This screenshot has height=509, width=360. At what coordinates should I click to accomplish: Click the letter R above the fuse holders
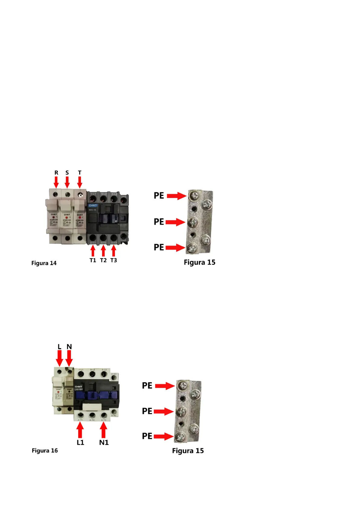coord(56,173)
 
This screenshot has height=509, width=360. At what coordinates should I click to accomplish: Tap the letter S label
coord(67,173)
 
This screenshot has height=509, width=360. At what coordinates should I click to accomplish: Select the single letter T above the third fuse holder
coord(79,173)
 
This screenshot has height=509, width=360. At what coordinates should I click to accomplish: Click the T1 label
coord(93,260)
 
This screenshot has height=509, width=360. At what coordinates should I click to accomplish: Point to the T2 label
coord(103,260)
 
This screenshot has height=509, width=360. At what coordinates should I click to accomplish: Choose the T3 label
coord(114,260)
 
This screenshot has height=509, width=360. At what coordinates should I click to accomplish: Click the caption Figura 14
coord(44,263)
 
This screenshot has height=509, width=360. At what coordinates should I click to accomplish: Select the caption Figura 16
coord(45,451)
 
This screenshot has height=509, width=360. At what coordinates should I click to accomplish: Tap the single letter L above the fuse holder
coord(60,347)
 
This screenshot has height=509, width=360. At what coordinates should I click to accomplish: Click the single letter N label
coord(69,347)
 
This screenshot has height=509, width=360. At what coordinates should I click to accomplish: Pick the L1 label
coord(80,443)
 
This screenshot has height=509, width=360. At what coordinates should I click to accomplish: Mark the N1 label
coord(104,443)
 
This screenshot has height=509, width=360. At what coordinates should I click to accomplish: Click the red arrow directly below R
coord(56,182)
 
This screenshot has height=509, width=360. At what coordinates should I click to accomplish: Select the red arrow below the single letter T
coord(79,182)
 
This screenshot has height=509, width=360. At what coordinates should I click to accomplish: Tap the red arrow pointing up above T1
coord(93,251)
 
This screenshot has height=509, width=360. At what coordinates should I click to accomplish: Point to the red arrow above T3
coord(114,251)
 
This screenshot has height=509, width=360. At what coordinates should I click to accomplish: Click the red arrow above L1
coord(80,430)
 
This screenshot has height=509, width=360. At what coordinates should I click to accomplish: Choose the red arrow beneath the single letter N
coord(69,358)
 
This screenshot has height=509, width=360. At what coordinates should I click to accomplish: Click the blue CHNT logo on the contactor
coord(93,206)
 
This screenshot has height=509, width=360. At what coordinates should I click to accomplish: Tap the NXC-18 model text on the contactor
coord(92,210)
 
